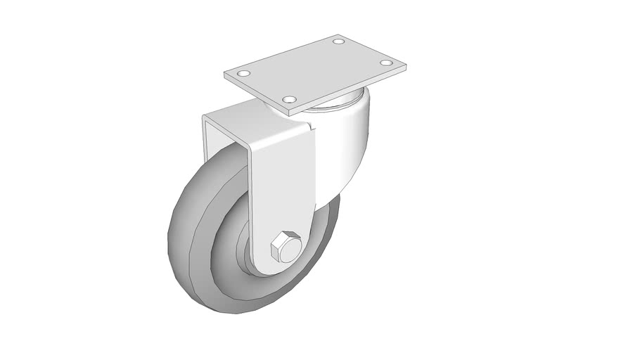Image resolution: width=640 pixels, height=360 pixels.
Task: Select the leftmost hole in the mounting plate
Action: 243,74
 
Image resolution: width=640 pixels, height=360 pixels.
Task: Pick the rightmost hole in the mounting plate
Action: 385,63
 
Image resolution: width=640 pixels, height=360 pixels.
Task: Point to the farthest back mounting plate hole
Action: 338,42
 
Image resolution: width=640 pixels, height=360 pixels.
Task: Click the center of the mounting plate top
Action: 314,70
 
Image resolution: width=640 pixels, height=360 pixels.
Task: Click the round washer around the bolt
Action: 296,253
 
